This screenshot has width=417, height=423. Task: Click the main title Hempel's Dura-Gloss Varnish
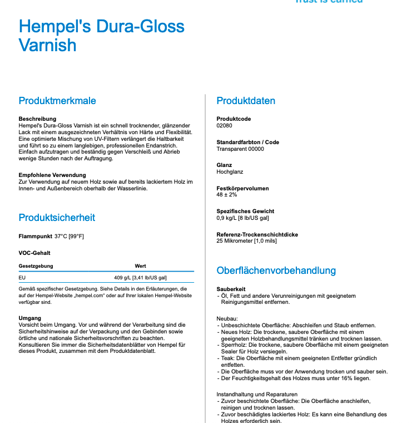(102, 35)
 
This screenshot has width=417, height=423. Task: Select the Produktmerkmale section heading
(57, 101)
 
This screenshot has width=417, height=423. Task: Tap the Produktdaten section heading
(246, 101)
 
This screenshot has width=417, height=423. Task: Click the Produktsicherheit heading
(57, 218)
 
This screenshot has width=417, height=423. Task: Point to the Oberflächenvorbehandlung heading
(276, 270)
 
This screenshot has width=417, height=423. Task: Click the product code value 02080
(224, 126)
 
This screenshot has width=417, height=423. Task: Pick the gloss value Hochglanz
(230, 172)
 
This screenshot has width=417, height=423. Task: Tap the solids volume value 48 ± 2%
(227, 195)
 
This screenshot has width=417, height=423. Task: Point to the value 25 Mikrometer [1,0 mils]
(246, 241)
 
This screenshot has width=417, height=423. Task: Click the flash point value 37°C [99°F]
(69, 237)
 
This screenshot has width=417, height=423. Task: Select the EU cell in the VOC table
(22, 277)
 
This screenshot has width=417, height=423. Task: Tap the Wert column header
(140, 266)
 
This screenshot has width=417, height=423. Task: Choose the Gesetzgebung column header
(36, 266)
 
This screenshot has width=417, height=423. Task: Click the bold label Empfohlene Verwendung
(52, 175)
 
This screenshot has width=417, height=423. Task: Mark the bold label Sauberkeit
(231, 289)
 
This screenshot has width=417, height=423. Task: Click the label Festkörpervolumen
(242, 188)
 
